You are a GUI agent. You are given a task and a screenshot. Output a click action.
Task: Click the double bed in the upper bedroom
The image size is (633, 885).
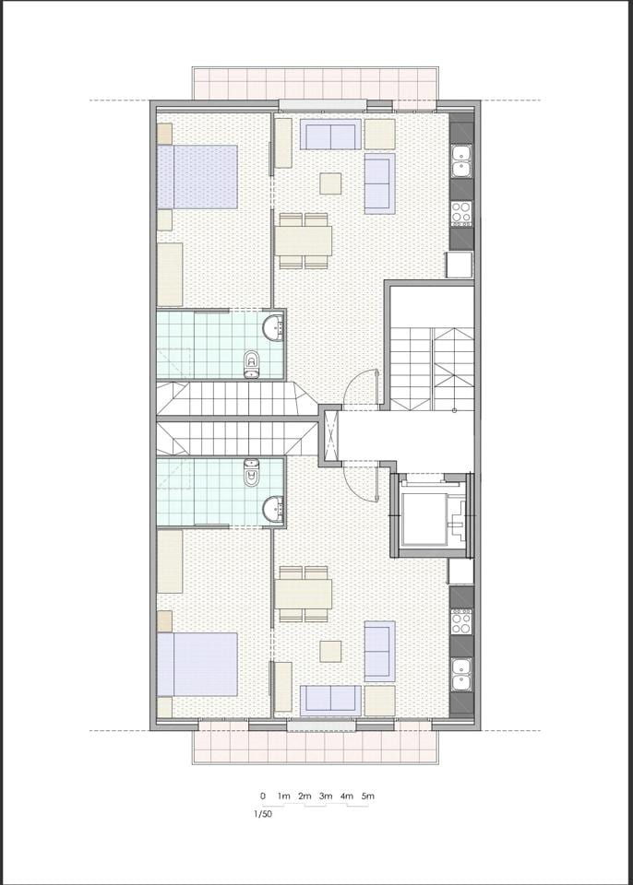click(197, 177)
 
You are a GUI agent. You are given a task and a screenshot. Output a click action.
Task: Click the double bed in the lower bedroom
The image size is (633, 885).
click(197, 665)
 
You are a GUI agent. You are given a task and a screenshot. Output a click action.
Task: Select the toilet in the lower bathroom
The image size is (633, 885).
click(252, 472)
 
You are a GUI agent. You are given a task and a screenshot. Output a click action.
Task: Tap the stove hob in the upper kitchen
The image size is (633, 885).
click(461, 214)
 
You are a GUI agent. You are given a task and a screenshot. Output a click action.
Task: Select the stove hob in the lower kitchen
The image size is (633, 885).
click(461, 621)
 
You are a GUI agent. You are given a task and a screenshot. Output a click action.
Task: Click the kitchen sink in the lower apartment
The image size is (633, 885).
click(461, 675)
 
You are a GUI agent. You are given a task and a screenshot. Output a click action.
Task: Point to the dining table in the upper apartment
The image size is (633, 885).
click(304, 241)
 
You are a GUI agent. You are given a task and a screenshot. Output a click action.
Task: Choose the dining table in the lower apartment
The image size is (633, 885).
click(304, 595)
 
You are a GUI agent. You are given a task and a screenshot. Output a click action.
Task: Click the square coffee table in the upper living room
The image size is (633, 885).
click(330, 183)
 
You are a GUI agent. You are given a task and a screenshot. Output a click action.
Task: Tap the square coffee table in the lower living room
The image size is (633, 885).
click(330, 651)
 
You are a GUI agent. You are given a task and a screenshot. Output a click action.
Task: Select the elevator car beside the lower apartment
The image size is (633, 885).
click(434, 514)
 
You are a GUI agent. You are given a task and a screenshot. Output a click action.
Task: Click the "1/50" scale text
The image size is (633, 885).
click(263, 814)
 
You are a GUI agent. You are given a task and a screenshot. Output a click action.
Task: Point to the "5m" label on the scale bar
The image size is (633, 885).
click(368, 796)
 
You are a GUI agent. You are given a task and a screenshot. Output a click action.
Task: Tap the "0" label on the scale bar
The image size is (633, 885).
click(263, 796)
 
